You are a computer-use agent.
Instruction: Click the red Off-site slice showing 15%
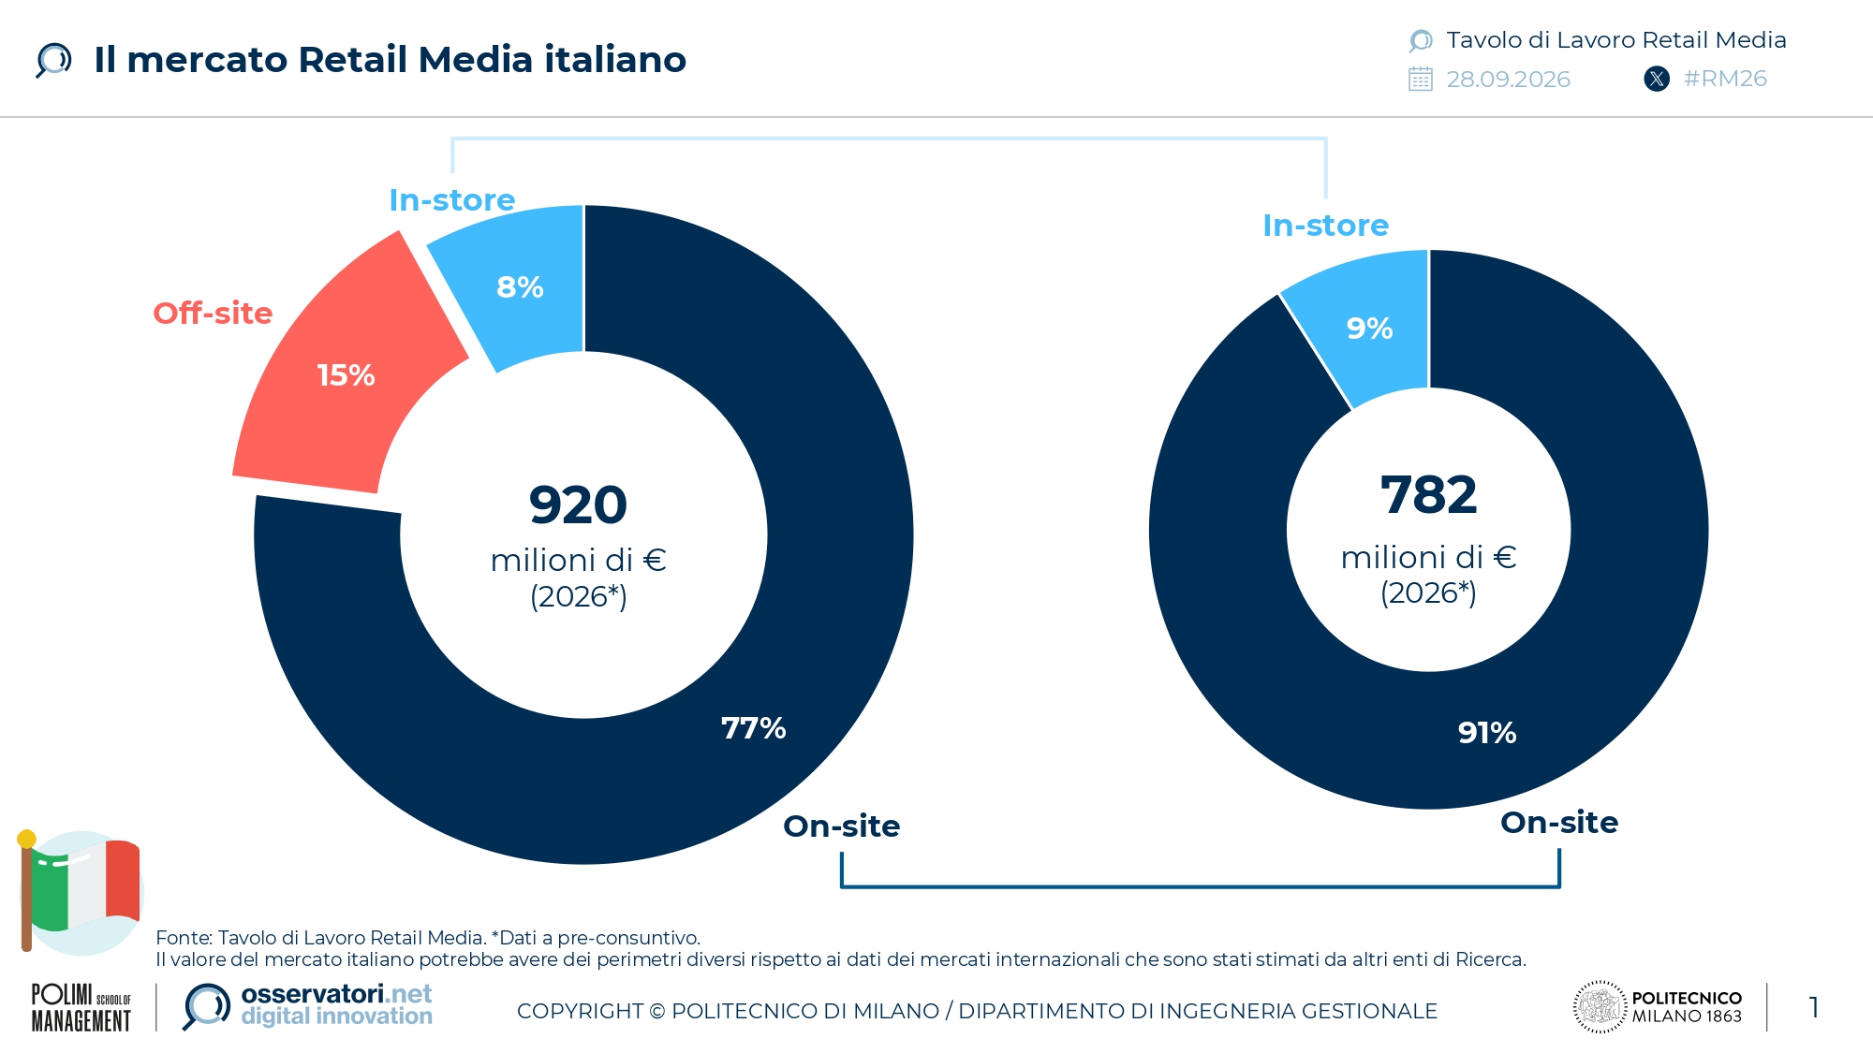347,374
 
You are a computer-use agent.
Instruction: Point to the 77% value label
753,728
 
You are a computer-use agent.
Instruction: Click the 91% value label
1487,733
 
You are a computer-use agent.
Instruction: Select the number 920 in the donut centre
578,505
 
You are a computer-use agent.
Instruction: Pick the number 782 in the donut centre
1429,495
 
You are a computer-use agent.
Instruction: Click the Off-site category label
213,314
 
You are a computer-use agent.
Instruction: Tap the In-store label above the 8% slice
452,200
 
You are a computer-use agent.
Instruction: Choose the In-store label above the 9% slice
1326,226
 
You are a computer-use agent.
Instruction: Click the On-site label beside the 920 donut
842,826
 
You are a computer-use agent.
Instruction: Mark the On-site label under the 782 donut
1559,823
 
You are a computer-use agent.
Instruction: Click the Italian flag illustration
80,892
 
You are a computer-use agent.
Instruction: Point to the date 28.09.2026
1508,80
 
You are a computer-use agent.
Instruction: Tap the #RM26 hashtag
1725,79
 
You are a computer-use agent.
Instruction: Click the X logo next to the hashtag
1657,79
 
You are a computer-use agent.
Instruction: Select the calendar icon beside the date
1421,79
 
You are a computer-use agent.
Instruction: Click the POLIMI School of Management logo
81,1008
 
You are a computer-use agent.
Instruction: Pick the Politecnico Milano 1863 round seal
1600,1007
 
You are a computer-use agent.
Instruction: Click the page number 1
1814,1008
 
